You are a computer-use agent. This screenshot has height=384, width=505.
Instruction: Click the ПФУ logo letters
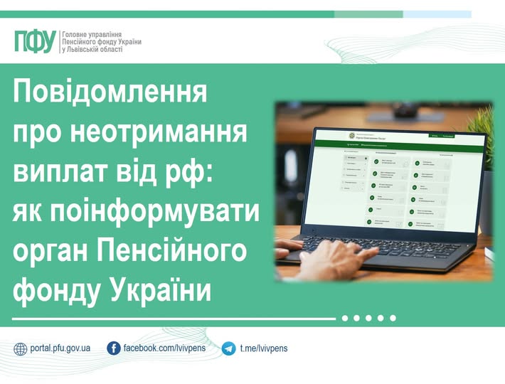pyautogui.click(x=34, y=42)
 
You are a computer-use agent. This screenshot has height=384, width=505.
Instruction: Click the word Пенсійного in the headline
pyautogui.click(x=174, y=252)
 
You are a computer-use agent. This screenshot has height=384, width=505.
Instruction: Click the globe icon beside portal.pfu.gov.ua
pyautogui.click(x=21, y=348)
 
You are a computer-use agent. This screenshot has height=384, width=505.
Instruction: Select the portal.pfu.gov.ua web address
pyautogui.click(x=60, y=348)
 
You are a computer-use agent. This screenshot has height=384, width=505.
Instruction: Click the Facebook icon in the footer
pyautogui.click(x=113, y=348)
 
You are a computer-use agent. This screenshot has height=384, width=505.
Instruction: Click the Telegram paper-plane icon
pyautogui.click(x=228, y=348)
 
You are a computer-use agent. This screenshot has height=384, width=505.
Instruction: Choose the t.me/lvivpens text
pyautogui.click(x=264, y=348)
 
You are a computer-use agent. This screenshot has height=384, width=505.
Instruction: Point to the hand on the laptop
pyautogui.click(x=334, y=259)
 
